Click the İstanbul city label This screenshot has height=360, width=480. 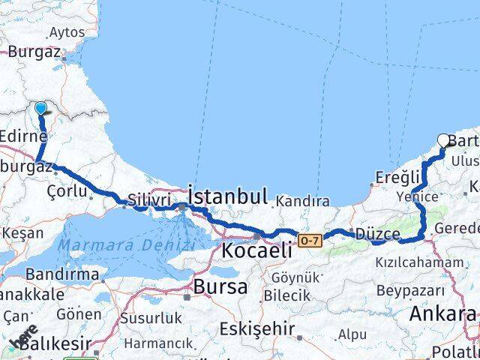coord(228,197)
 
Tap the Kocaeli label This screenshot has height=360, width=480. coord(256,250)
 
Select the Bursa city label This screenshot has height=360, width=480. coord(220,286)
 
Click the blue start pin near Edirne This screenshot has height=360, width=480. coord(40,109)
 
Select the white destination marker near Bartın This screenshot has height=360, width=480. coord(443,139)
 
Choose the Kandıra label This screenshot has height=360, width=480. coord(302,201)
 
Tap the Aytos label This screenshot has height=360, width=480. coord(66,32)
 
